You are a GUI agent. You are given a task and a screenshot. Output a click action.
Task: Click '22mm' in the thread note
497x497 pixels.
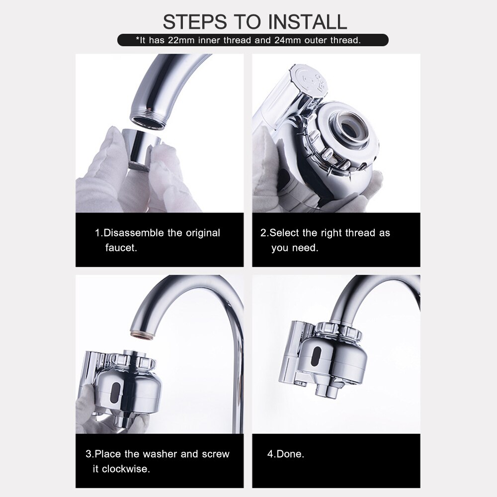[181, 40]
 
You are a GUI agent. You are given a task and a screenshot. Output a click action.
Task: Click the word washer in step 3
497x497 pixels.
[161, 454]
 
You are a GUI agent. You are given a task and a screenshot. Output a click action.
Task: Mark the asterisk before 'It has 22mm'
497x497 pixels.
[138, 39]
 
